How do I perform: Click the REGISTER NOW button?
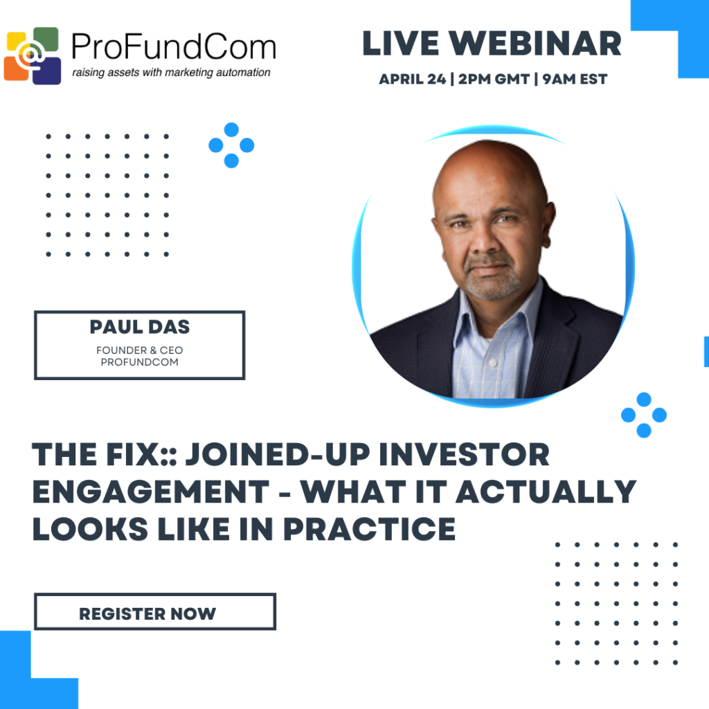[155, 611]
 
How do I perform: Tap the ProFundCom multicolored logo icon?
[33, 55]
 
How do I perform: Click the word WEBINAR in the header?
[535, 44]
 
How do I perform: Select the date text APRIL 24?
[413, 79]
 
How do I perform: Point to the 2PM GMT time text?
[494, 79]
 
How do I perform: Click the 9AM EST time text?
[575, 79]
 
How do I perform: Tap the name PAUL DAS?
[140, 327]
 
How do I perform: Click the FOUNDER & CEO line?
[140, 350]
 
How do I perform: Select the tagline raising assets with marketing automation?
[172, 72]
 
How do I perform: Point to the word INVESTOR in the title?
[465, 454]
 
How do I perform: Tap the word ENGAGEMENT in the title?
[151, 492]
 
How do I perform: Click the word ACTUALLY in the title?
[546, 492]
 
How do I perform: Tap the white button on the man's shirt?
[494, 363]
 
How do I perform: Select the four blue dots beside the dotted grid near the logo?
[231, 145]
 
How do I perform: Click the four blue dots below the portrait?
[644, 415]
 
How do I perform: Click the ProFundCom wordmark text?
[174, 46]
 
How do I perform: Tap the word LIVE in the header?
[401, 44]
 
